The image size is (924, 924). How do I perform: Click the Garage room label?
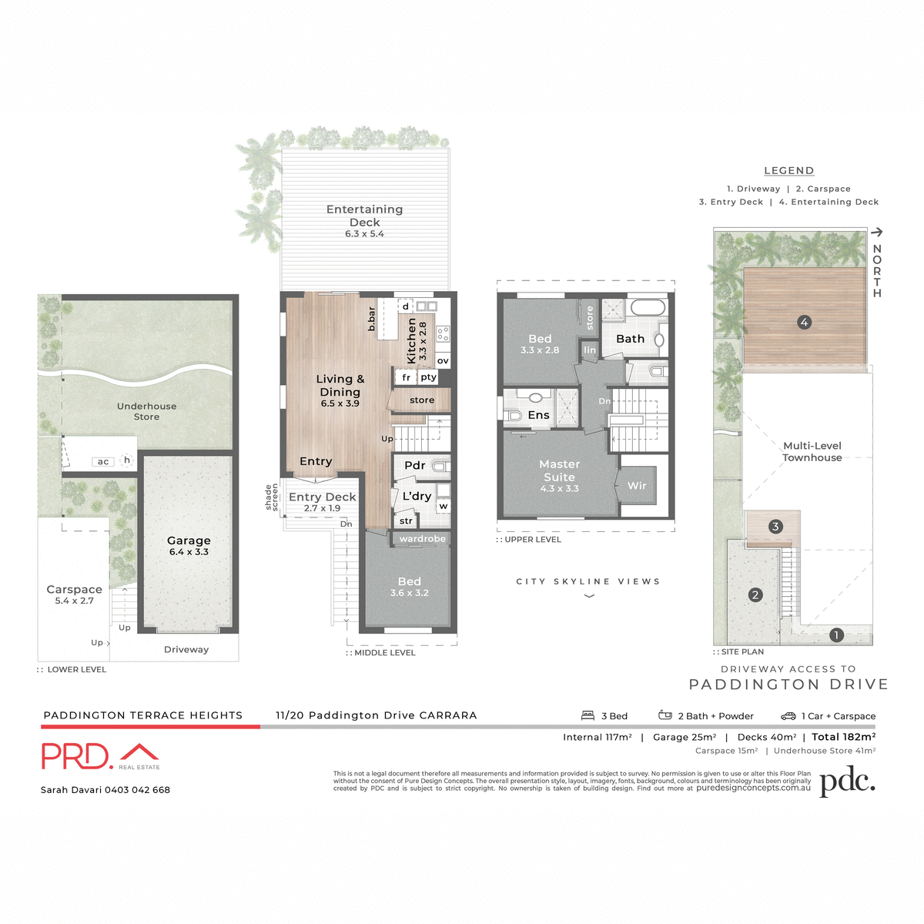(189, 541)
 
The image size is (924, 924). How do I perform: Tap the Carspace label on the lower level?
(74, 590)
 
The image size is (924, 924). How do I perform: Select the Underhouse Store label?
(146, 411)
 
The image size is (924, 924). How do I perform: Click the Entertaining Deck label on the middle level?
(364, 216)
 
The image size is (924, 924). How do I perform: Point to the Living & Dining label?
(340, 386)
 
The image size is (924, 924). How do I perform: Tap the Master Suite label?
(559, 470)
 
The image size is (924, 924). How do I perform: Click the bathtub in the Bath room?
(648, 308)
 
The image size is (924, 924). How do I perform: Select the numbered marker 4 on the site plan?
(804, 323)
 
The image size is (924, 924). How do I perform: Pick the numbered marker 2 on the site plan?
(755, 595)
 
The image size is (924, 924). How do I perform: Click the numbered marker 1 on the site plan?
(836, 635)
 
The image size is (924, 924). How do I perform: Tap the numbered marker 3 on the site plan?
(775, 527)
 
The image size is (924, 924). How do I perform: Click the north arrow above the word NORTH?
(876, 232)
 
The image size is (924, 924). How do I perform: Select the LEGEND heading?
(788, 171)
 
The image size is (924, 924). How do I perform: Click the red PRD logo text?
(77, 756)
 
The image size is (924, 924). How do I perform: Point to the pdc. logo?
(847, 781)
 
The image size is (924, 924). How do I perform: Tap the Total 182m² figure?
(843, 737)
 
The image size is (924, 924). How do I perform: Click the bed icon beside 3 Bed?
(588, 715)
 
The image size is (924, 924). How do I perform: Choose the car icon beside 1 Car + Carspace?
(788, 716)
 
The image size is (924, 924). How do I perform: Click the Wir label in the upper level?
(637, 486)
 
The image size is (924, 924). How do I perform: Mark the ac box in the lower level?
(103, 462)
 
